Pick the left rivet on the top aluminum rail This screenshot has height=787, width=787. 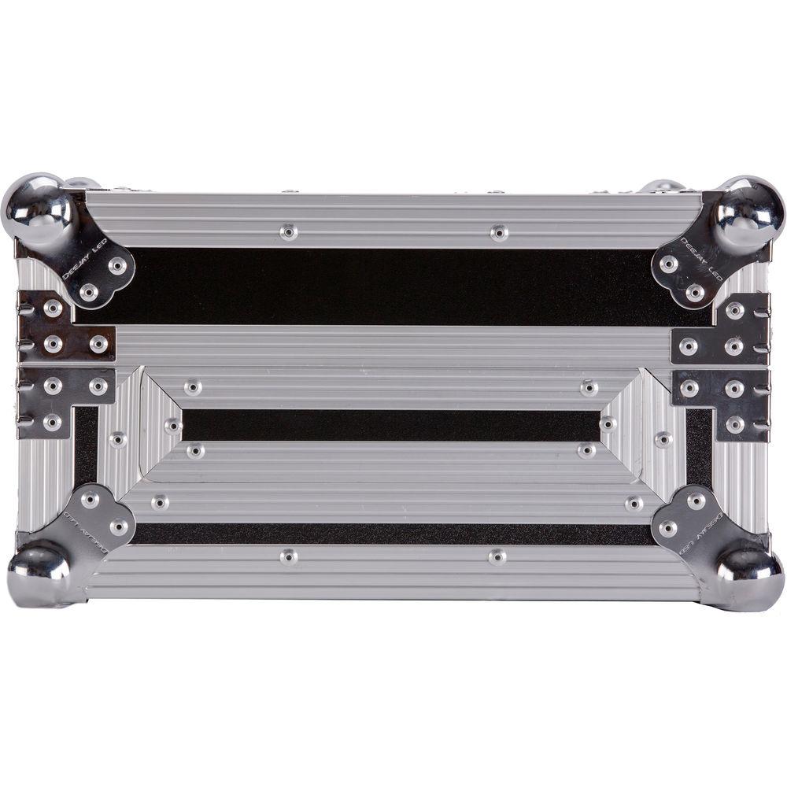pyautogui.click(x=289, y=231)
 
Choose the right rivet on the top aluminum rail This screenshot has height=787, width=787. pyautogui.click(x=498, y=232)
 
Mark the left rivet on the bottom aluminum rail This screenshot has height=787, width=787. pyautogui.click(x=289, y=556)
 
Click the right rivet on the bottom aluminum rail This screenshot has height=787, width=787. pyautogui.click(x=497, y=556)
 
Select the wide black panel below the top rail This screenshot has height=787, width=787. pyautogui.click(x=393, y=285)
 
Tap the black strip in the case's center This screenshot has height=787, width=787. pyautogui.click(x=391, y=425)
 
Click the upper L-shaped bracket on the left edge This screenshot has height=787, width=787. pyautogui.click(x=63, y=327)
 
